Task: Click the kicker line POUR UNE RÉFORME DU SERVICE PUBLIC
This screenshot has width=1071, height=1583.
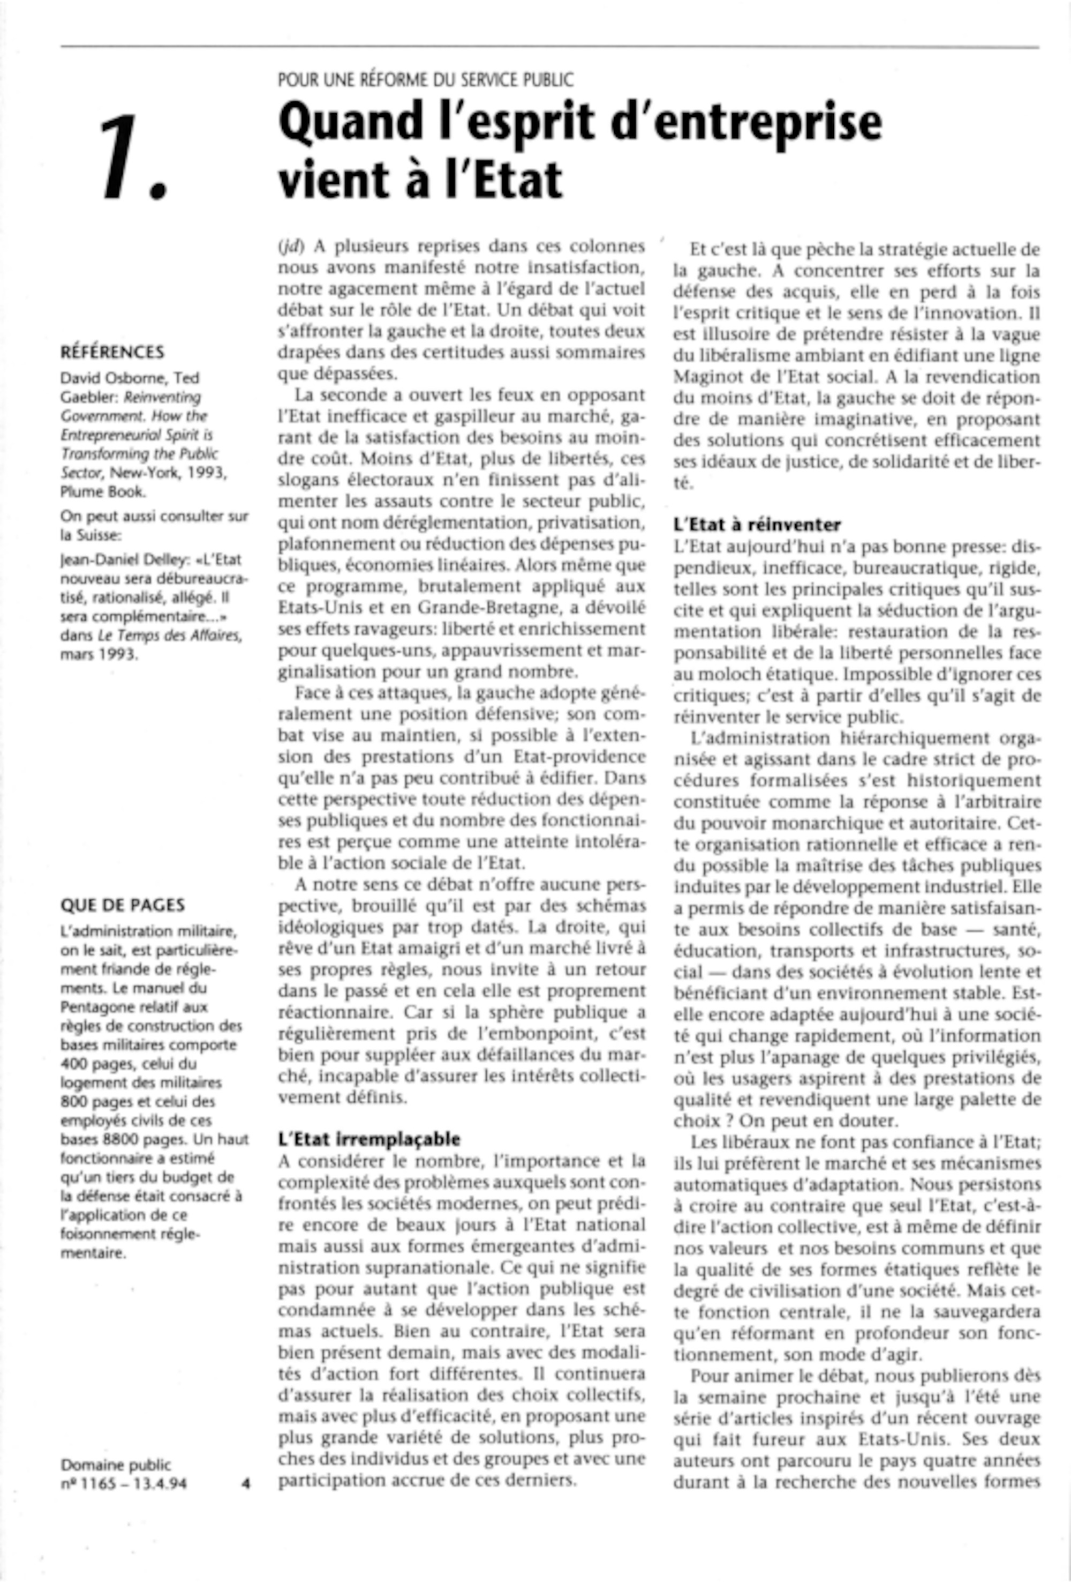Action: click(x=426, y=80)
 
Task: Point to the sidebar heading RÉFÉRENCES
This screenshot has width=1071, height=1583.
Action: click(x=112, y=352)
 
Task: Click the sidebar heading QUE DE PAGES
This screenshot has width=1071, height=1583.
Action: click(x=123, y=905)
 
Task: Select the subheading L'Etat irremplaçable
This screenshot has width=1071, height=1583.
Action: click(x=369, y=1139)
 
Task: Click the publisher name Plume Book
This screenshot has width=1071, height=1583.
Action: click(x=103, y=492)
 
